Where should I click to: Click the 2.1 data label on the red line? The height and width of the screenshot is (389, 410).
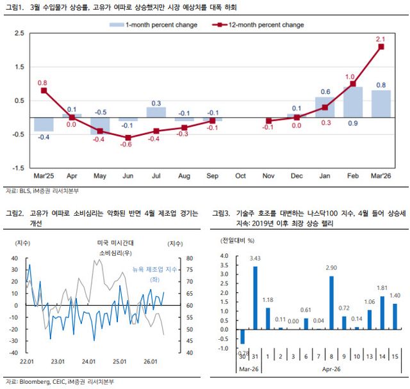coord(381,39)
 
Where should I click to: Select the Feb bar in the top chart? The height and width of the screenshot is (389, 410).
coord(353,102)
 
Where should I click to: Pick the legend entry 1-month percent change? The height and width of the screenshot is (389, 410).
coord(153,25)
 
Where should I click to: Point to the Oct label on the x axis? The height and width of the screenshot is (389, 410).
coord(240,175)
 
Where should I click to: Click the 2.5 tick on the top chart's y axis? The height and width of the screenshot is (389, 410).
coord(19,33)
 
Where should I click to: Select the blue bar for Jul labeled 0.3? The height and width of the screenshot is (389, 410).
coord(156,113)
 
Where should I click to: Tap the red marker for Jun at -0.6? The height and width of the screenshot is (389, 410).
coord(127,138)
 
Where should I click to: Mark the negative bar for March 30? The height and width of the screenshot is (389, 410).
coord(243,337)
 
